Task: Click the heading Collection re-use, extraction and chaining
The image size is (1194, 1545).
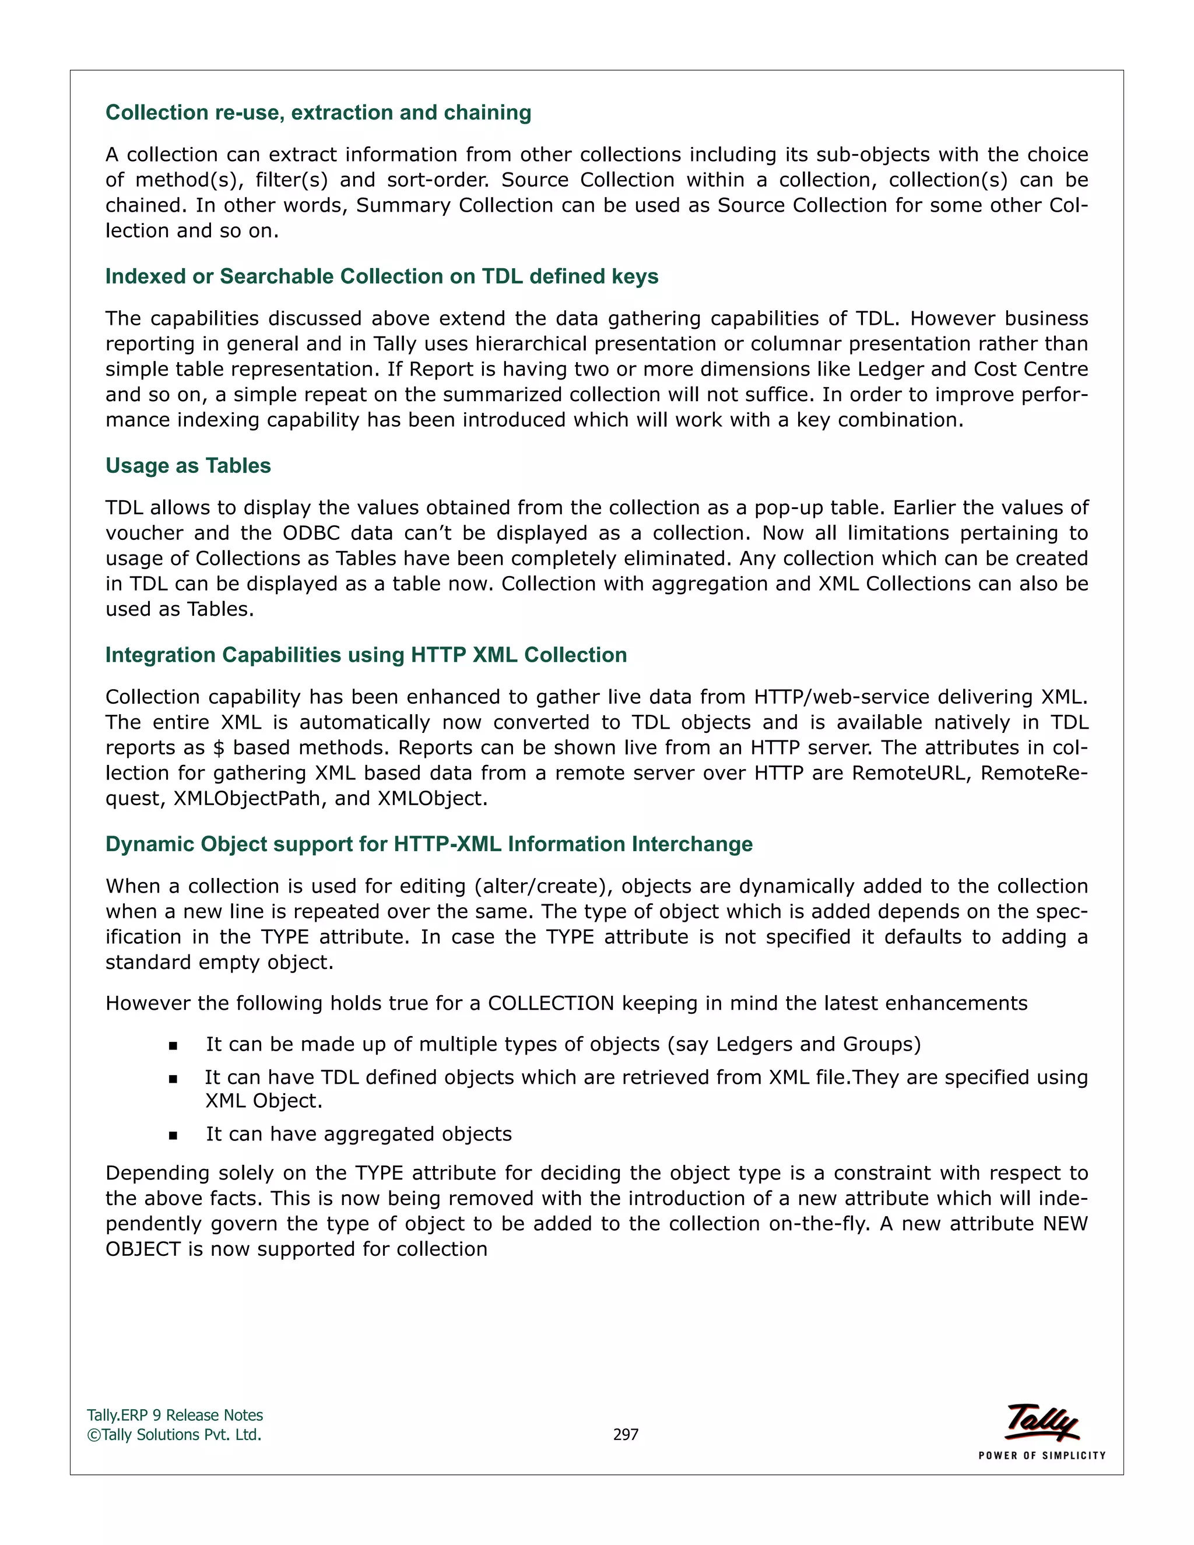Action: pos(318,113)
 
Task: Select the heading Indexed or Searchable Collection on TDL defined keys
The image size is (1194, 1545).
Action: pos(381,276)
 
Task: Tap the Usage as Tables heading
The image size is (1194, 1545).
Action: pos(188,465)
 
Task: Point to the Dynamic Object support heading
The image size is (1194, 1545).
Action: pos(429,844)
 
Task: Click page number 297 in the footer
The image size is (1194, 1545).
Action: pos(626,1434)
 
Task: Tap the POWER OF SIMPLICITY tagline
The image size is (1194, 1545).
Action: pos(1041,1455)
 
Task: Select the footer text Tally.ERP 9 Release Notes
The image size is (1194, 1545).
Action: pos(175,1415)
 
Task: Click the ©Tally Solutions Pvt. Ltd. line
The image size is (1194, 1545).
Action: pos(174,1434)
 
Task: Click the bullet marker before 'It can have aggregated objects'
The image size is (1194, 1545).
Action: pos(173,1135)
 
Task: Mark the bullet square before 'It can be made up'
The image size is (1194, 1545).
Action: pos(173,1045)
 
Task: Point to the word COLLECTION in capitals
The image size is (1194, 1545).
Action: pos(551,1003)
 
